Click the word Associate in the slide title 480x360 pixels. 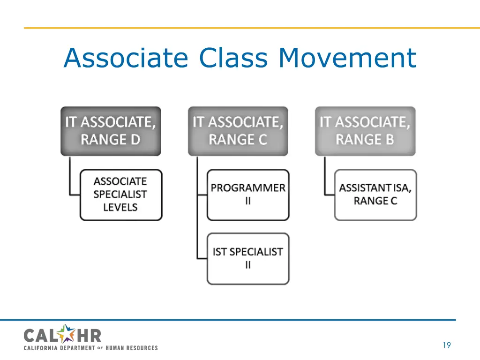[x=126, y=58]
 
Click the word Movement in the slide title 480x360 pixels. [x=347, y=58]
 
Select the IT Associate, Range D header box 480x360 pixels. [x=111, y=131]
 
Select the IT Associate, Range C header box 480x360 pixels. [x=238, y=131]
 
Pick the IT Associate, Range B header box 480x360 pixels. [x=365, y=131]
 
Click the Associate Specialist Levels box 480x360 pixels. [x=120, y=195]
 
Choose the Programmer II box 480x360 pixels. [x=248, y=195]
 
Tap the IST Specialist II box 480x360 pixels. [x=248, y=258]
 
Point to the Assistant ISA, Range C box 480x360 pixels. [x=375, y=195]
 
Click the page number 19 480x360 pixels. [x=446, y=345]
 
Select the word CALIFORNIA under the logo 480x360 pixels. [x=41, y=348]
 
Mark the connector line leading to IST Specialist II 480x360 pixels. [x=198, y=234]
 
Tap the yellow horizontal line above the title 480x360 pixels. [x=240, y=28]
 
